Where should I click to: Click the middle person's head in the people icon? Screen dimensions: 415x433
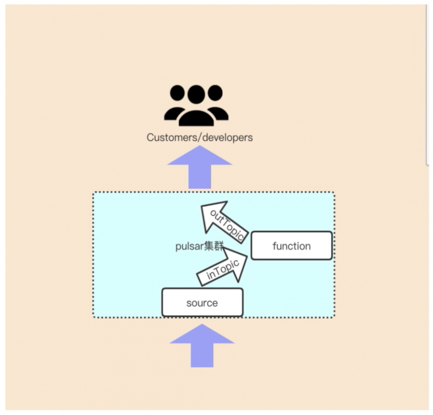pos(196,94)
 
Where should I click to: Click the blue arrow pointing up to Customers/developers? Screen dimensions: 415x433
pos(200,166)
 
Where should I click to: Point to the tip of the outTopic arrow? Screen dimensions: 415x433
pos(203,207)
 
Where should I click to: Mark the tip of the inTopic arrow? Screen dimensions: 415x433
pos(246,256)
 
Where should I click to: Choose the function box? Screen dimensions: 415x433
pos(291,246)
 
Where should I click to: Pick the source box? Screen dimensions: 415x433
pos(202,303)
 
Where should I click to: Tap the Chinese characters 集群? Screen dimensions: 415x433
pos(214,247)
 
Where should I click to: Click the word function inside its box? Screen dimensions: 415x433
pos(291,246)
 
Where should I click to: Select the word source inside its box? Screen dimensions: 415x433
pos(202,303)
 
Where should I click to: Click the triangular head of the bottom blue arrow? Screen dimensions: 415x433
pos(202,335)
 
